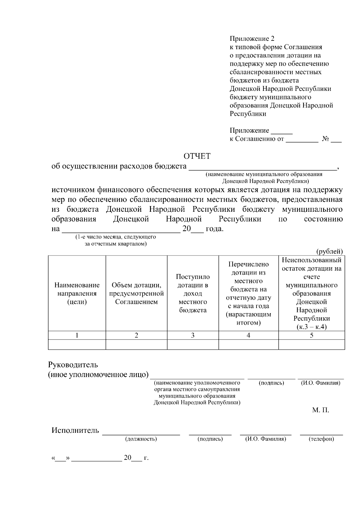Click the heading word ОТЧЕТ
coord(197,156)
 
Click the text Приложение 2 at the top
coord(252,39)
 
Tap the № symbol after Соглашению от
coord(325,139)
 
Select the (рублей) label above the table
coord(329,251)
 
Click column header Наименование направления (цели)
coord(77,293)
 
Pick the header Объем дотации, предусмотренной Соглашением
coord(136,293)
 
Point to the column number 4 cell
coord(248,335)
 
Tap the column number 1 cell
coord(77,335)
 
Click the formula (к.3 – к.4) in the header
coord(311,327)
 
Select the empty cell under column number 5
coord(311,345)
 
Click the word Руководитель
coord(73,365)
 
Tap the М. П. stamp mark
coord(320,410)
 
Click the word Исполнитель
coord(75,430)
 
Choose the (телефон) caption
coord(321,439)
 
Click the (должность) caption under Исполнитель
coord(141,439)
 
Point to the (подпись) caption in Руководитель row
coord(271,383)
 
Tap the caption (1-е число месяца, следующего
coord(115,237)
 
